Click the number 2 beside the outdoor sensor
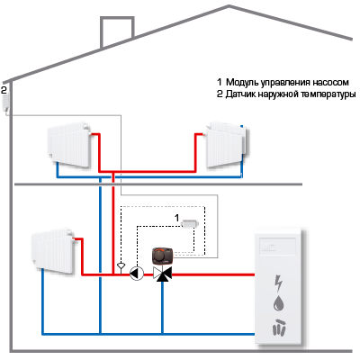click(4, 90)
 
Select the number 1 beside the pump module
click(177, 218)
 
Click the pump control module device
click(190, 223)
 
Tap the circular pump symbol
click(137, 274)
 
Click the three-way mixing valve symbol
click(163, 274)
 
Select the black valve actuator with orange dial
click(163, 256)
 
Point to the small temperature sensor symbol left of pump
click(121, 265)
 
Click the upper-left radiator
click(69, 144)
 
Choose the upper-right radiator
click(227, 144)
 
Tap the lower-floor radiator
click(53, 251)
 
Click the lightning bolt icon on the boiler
click(279, 283)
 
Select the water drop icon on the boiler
click(279, 303)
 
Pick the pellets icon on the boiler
click(279, 327)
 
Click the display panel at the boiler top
click(278, 247)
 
